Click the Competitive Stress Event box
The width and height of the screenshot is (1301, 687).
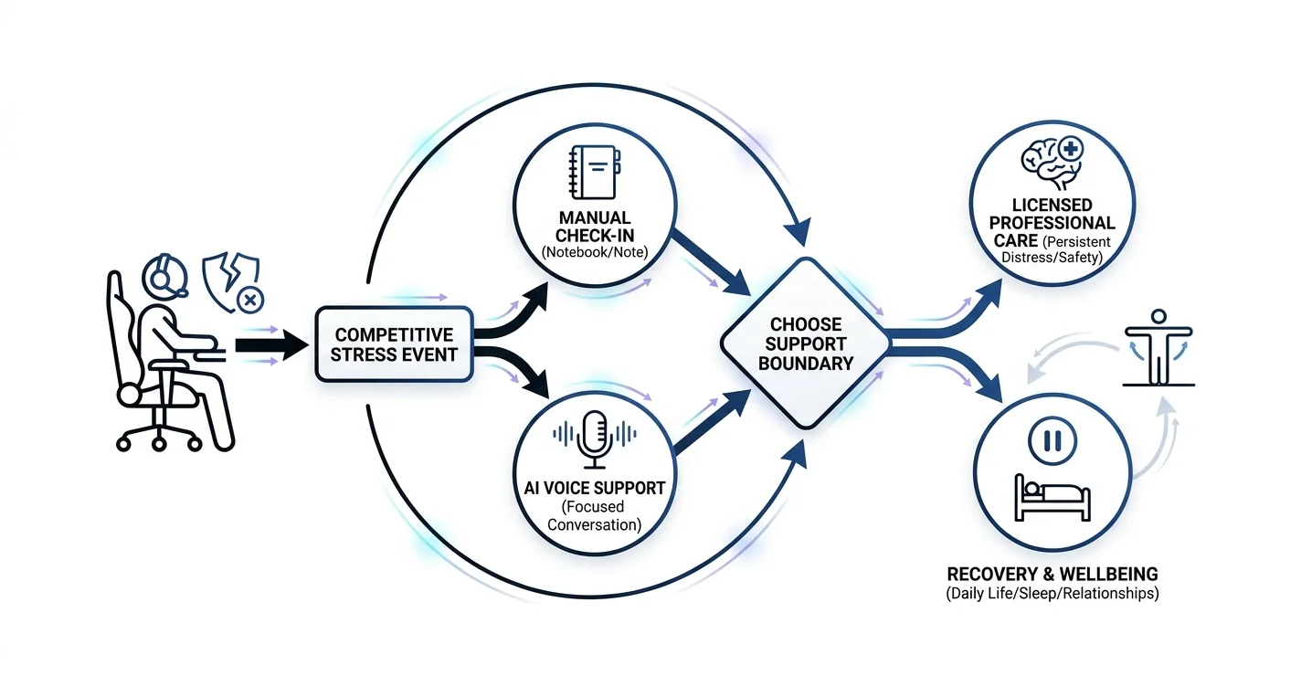tap(395, 344)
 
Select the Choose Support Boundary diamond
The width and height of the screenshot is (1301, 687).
tap(806, 343)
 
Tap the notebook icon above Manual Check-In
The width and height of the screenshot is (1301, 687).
tap(595, 173)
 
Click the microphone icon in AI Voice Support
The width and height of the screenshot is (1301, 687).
tap(595, 439)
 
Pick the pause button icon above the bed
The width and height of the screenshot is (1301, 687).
tap(1052, 440)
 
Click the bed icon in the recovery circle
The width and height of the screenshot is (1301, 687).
tap(1052, 498)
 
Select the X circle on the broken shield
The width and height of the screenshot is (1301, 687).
tap(250, 301)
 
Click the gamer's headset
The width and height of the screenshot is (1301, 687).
tap(165, 277)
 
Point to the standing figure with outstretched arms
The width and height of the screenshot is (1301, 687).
tap(1158, 347)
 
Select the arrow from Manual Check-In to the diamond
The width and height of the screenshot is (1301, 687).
tap(710, 262)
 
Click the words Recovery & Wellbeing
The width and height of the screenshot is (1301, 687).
tap(1052, 574)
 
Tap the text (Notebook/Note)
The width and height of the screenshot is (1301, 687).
tap(595, 252)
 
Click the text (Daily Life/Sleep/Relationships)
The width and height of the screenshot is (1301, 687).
tap(1052, 594)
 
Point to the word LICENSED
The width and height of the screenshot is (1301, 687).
tap(1052, 205)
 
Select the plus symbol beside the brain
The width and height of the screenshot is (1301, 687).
tap(1071, 149)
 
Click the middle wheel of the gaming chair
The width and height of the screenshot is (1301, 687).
tap(159, 444)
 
